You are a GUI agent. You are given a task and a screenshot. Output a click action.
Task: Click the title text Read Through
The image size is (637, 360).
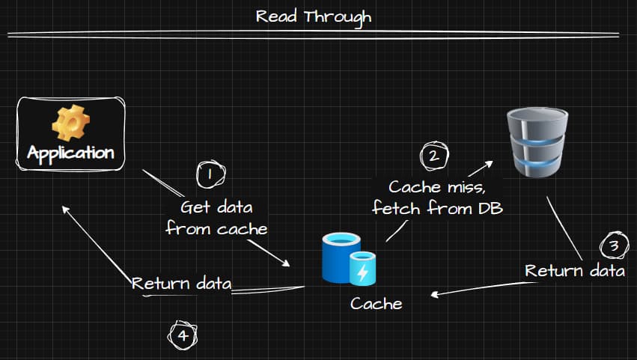point(313,16)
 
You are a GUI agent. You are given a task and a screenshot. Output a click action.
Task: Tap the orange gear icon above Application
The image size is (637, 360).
point(70,123)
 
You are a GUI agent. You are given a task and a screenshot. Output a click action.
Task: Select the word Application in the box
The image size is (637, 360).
point(70,153)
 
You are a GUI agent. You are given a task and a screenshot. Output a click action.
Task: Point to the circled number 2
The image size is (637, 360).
point(433,156)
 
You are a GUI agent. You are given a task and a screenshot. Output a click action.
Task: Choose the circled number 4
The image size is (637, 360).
point(183,335)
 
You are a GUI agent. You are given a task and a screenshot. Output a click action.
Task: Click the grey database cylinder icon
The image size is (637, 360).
point(537,141)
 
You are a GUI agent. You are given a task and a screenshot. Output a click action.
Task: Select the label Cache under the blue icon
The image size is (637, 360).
point(376,303)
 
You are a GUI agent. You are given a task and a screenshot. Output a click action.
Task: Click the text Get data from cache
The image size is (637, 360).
point(216,218)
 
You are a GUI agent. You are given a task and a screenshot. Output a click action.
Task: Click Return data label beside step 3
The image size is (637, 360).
point(574,270)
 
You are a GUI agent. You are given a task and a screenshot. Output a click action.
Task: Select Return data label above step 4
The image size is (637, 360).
point(182,284)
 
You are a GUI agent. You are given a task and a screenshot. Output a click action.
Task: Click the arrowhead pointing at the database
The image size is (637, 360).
point(490,162)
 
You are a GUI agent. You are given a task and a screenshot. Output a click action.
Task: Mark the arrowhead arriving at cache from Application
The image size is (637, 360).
point(287,263)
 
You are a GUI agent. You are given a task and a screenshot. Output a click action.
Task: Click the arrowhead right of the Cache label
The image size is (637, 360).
point(434,295)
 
